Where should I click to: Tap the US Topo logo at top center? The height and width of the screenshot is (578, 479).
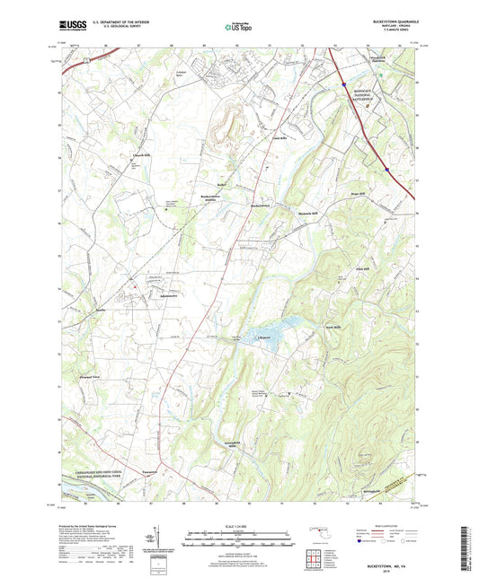[x=238, y=27]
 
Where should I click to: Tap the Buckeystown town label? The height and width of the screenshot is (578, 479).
[x=262, y=204]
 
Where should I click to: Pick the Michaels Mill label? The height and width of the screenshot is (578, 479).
[x=310, y=214]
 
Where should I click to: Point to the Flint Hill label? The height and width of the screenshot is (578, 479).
[x=365, y=267]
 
